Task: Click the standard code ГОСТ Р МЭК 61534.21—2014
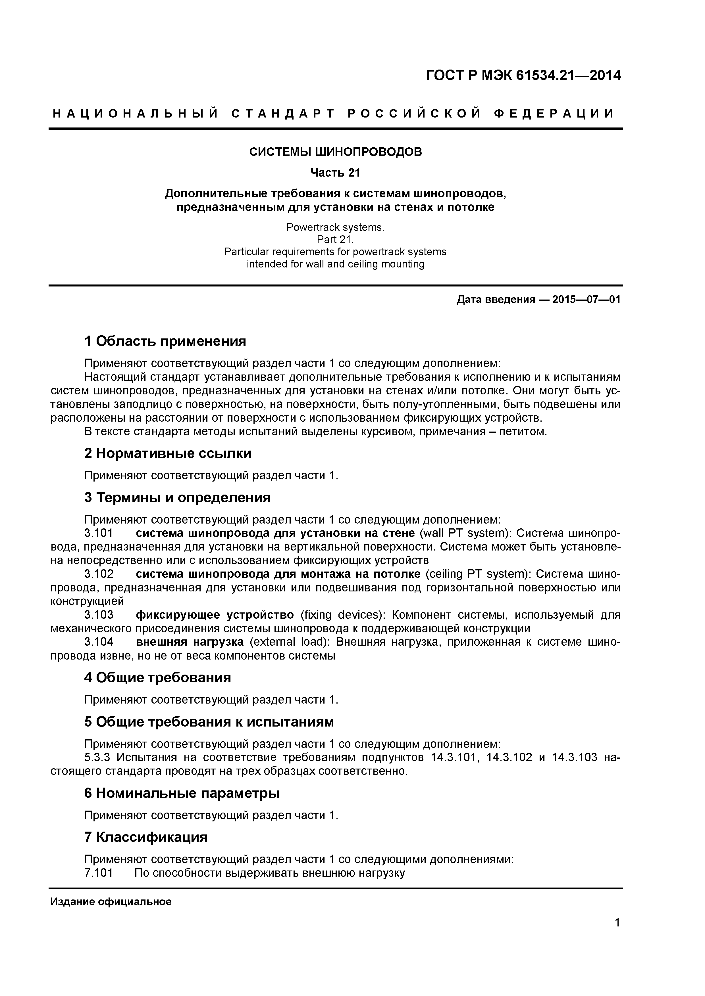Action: tap(523, 76)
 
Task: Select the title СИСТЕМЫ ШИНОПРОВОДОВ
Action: tap(335, 152)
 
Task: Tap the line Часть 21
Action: tap(335, 173)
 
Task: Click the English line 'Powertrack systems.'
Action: tap(335, 227)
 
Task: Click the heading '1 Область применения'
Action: tap(165, 341)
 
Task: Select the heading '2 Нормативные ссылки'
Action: tap(168, 453)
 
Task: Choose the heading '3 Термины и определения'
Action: tap(177, 497)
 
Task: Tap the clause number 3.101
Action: tap(99, 533)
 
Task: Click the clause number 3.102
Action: tap(99, 574)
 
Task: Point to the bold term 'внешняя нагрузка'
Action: tap(190, 642)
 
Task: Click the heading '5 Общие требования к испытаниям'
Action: tap(209, 722)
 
